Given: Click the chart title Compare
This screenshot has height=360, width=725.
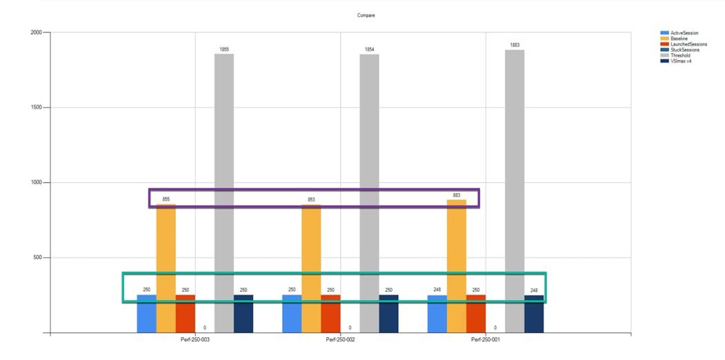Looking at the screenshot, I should coord(366,15).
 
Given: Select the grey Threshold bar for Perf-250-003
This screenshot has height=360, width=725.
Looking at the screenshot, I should coord(224,193).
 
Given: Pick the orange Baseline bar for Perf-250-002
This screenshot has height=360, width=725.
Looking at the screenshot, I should coord(311,269).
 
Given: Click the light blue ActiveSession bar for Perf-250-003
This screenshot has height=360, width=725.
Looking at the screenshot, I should coord(146,314).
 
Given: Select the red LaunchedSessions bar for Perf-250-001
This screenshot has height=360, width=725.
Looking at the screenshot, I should coord(476,314).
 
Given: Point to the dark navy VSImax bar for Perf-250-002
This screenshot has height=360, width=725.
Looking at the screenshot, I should coord(388,314).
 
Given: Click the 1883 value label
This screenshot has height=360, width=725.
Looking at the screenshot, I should coord(515,45).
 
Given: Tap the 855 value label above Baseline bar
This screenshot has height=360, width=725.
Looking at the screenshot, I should coord(166,199).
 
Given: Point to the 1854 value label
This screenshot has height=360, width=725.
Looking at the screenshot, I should coord(369,49).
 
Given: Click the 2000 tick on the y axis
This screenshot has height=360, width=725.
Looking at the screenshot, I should coord(35,32).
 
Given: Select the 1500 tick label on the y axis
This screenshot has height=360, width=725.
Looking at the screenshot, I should coord(35,108).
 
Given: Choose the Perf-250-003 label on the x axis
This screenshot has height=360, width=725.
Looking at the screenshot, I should coord(195,341).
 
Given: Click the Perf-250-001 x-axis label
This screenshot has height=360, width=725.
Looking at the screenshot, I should coord(486,341).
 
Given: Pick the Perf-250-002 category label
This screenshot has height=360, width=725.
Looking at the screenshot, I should coord(340,341).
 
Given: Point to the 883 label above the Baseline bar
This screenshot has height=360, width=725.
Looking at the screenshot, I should coord(456,195).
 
